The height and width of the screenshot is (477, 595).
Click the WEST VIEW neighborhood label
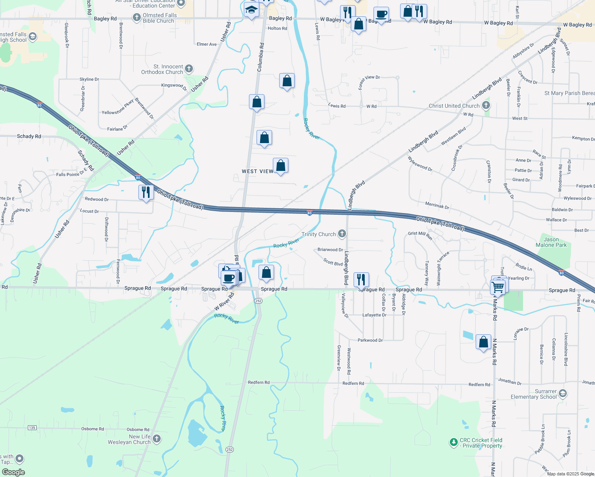pos(257,171)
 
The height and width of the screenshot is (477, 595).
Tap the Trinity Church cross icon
pos(342,234)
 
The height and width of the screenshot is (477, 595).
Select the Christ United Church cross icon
pos(486,105)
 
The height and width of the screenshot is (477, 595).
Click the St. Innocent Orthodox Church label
pos(162,69)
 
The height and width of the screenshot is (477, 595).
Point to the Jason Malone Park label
pos(551,242)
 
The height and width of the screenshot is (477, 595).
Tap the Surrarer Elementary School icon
pos(562,394)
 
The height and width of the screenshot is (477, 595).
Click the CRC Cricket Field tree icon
pos(453,442)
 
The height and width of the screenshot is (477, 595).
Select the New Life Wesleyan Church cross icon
pos(157,438)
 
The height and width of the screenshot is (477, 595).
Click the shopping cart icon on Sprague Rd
pos(498,286)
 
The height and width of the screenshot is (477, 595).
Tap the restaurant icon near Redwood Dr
pos(146,192)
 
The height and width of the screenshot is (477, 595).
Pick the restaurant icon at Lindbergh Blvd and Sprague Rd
pos(361,279)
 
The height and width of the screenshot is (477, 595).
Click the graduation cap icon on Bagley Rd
pos(251,9)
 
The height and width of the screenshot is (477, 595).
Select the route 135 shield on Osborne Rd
pos(32,428)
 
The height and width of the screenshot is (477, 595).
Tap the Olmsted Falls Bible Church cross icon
pos(136,17)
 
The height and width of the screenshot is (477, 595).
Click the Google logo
pos(14,472)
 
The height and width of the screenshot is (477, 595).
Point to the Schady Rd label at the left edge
pos(29,136)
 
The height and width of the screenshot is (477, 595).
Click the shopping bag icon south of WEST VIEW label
pos(280,165)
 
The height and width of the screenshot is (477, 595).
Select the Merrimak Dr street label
pos(437,206)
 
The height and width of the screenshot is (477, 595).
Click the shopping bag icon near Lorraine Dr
pos(483,342)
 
